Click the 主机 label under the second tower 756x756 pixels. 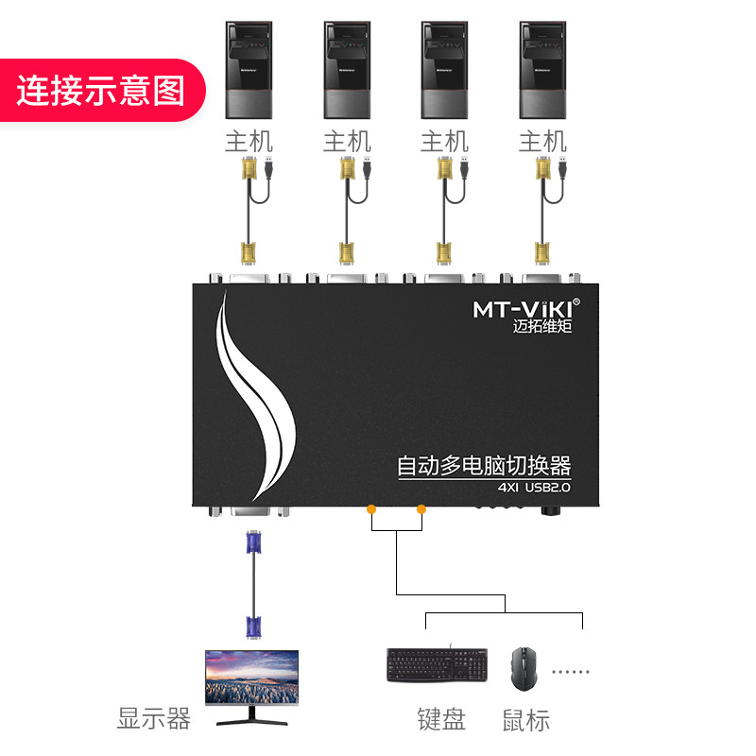point(347,142)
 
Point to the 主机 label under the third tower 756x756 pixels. point(444,142)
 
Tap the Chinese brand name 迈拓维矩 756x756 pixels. point(535,327)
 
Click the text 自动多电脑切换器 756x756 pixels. point(485,466)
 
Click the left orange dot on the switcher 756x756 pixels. point(371,509)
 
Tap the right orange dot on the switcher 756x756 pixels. point(421,509)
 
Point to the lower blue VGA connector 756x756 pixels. point(252,626)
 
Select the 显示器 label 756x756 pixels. point(154,719)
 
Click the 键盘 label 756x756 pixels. point(441,719)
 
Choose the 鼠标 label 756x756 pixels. point(525,720)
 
